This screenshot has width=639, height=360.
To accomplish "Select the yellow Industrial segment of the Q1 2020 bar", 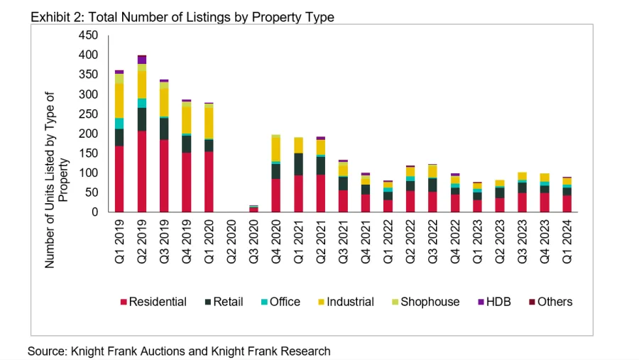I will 209,121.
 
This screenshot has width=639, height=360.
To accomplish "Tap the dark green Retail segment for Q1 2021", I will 298,164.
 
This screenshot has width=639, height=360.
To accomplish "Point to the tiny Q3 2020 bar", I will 253,209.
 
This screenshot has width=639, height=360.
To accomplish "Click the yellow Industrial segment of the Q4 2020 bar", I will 276,149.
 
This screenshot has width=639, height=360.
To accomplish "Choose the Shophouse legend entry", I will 425,302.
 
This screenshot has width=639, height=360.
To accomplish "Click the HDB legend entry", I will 494,302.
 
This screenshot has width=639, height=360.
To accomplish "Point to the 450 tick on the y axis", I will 89,36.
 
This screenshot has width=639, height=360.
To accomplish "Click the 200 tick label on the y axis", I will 89,133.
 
